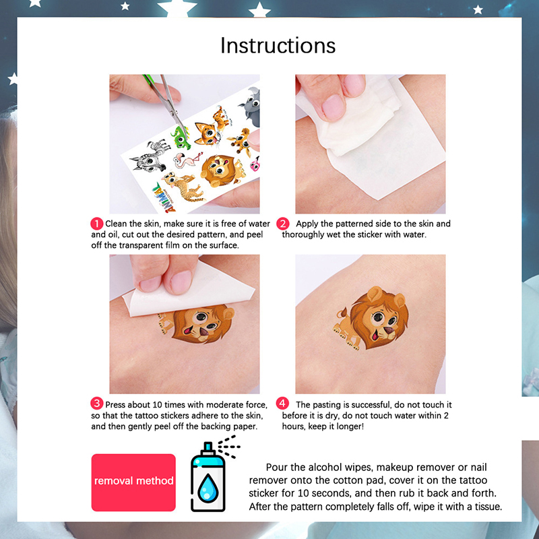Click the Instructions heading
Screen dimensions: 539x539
[x=278, y=45]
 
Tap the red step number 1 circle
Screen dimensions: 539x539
[x=96, y=224]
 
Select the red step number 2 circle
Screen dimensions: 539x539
[x=282, y=224]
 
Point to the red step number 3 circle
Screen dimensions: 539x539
[x=96, y=403]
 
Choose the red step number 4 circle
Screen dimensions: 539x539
[x=282, y=403]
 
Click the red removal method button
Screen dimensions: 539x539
[x=133, y=482]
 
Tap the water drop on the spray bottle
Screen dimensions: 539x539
[x=208, y=488]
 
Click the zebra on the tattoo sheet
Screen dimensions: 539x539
[x=150, y=156]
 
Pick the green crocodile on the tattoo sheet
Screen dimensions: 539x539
[x=181, y=138]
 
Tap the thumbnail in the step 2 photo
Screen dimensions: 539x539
[x=334, y=107]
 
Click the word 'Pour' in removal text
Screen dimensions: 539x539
[x=277, y=468]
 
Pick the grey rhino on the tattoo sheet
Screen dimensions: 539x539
[x=250, y=107]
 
